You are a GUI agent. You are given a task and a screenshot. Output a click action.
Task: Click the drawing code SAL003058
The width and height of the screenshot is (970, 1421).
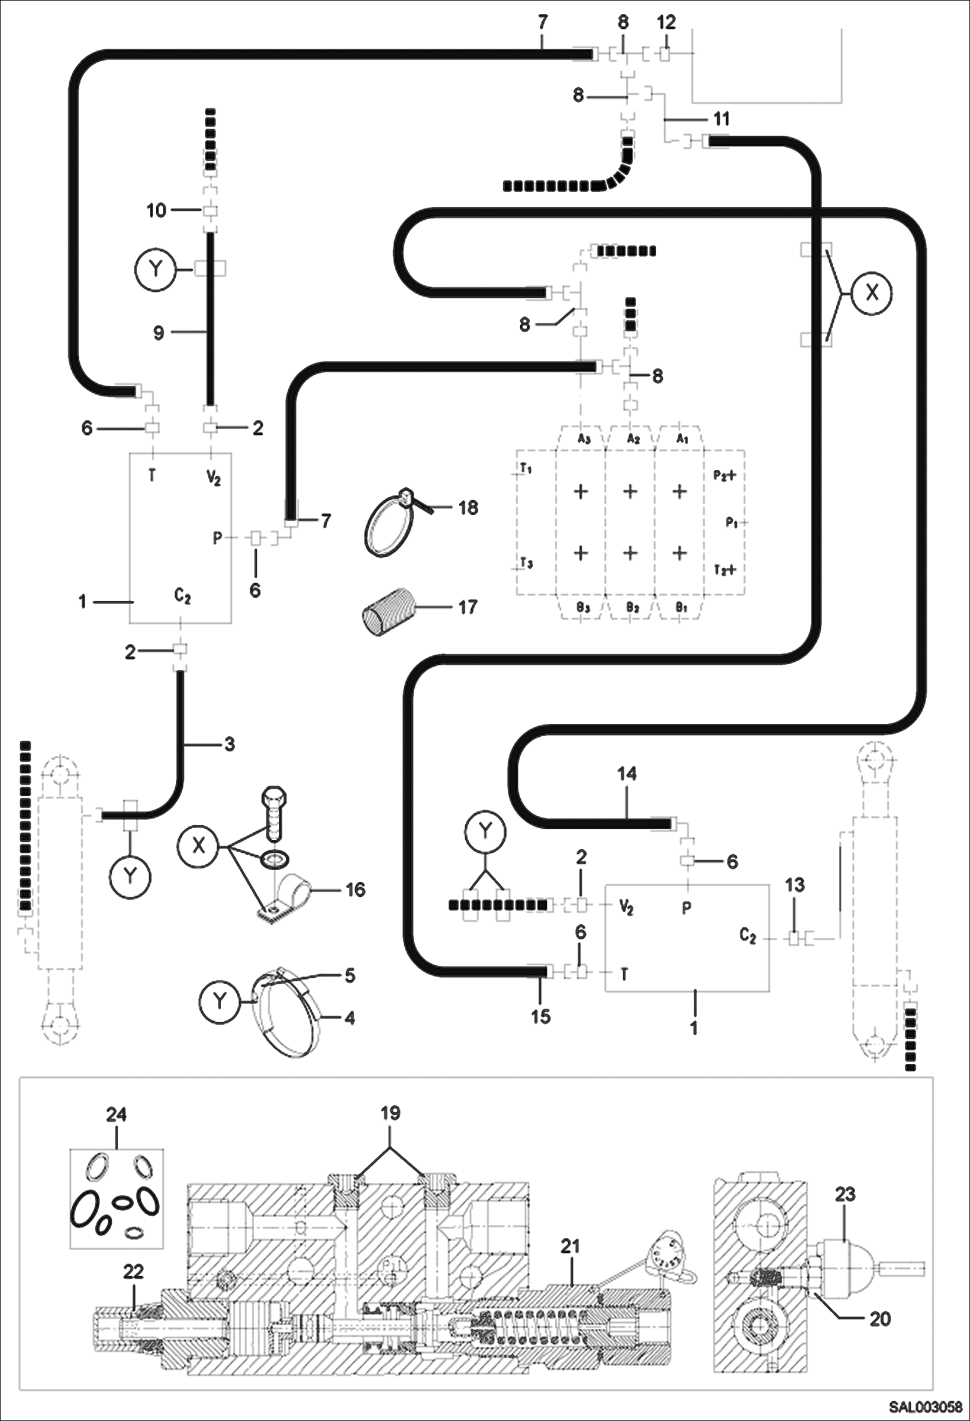(x=925, y=1407)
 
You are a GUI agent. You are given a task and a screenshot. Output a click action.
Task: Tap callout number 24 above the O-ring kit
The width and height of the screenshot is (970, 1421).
(x=117, y=1115)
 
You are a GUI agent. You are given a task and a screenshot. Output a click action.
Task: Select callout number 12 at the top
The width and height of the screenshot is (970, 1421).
(x=666, y=22)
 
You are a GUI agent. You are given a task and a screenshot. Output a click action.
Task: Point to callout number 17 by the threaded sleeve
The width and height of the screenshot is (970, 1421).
(x=468, y=607)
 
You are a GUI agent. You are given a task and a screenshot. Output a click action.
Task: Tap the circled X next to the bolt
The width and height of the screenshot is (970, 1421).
(x=199, y=846)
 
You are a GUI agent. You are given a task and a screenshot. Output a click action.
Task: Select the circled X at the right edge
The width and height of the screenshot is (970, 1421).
(x=872, y=293)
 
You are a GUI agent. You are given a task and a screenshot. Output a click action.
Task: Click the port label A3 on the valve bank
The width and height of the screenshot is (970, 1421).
(x=583, y=439)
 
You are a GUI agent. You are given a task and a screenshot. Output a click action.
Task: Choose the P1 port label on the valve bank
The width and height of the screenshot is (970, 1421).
(x=732, y=523)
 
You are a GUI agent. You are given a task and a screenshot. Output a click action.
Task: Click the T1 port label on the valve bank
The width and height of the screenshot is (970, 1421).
(x=526, y=468)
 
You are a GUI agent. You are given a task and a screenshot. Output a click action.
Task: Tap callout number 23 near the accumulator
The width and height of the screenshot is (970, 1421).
(x=844, y=1194)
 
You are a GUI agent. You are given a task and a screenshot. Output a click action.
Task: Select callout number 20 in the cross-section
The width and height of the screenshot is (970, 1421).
(x=879, y=1318)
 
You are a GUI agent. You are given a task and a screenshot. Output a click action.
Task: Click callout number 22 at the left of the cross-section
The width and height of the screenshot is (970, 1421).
(x=133, y=1271)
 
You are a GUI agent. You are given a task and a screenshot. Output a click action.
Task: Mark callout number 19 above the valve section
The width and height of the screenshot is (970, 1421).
(x=390, y=1113)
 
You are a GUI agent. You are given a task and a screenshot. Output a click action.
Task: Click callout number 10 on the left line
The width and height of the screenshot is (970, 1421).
(x=156, y=210)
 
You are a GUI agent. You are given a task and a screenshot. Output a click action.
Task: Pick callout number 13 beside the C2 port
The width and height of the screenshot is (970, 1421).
(x=795, y=885)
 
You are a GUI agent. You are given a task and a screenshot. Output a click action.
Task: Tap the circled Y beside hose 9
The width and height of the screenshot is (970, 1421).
(x=155, y=269)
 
